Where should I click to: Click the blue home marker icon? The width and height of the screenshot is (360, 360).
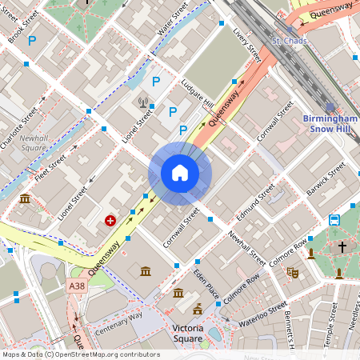coord(180,173)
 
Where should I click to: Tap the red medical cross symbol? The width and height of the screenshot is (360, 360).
coord(110,219)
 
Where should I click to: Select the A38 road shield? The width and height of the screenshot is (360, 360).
coord(77,286)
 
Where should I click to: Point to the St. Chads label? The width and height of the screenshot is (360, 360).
coord(289,41)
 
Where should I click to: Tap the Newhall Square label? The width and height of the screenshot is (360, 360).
coord(34,143)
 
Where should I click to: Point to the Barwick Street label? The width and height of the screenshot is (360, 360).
coord(329,181)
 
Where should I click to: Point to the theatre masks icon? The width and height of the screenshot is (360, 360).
coord(292,272)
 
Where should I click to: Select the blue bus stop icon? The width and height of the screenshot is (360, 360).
coord(334,220)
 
